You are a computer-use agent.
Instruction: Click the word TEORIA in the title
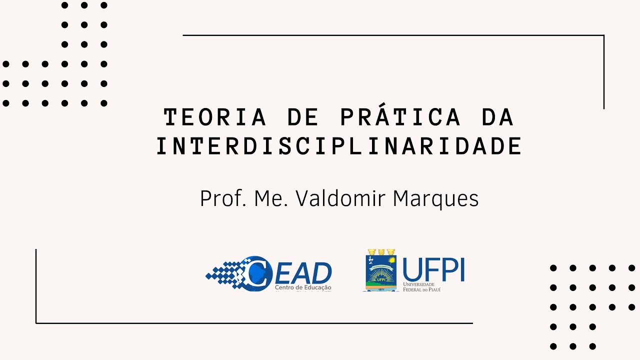click(214, 117)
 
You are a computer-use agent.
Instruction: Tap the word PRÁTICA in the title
click(400, 116)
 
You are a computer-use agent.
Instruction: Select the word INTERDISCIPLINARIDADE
click(339, 146)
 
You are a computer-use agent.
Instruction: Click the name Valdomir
click(341, 198)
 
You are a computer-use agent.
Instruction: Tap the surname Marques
click(435, 199)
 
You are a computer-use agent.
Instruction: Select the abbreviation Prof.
click(221, 198)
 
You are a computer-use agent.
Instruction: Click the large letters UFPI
click(433, 270)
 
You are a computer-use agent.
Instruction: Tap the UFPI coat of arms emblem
click(380, 270)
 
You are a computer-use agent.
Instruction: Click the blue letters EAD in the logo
click(303, 272)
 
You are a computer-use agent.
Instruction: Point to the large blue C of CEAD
click(257, 273)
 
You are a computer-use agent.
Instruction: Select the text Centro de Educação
click(303, 287)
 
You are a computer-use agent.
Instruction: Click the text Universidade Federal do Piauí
click(425, 286)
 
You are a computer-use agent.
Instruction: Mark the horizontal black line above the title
click(393, 35)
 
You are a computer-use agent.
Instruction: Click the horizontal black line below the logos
click(254, 323)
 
